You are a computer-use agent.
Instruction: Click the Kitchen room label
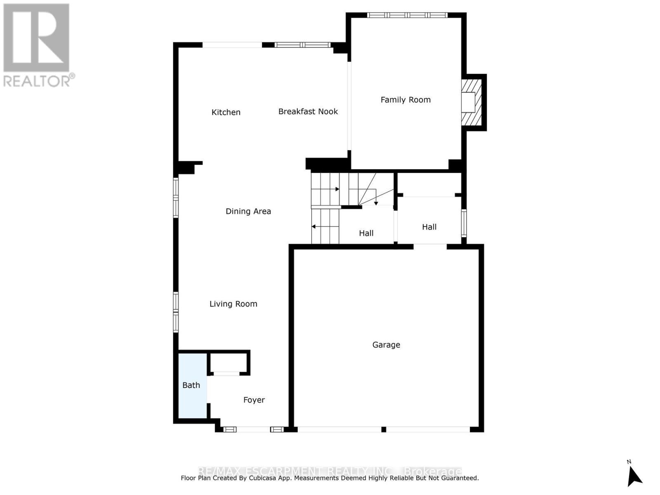(x=226, y=112)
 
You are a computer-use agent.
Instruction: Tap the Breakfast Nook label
(x=308, y=111)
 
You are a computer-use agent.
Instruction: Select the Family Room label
(x=405, y=100)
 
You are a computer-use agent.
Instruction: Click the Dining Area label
(x=248, y=211)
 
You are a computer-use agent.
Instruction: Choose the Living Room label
(x=233, y=304)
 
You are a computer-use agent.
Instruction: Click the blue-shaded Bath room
(x=191, y=385)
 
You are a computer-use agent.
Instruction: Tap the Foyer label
(x=254, y=400)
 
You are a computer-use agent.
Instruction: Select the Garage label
(x=386, y=345)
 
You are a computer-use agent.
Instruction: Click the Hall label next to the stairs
(x=366, y=233)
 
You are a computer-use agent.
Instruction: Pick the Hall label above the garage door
(x=429, y=227)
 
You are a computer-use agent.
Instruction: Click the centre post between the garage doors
(x=384, y=429)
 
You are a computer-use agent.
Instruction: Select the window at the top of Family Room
(x=407, y=15)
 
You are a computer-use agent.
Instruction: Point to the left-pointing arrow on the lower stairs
(x=314, y=226)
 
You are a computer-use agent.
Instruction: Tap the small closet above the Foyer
(x=228, y=363)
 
